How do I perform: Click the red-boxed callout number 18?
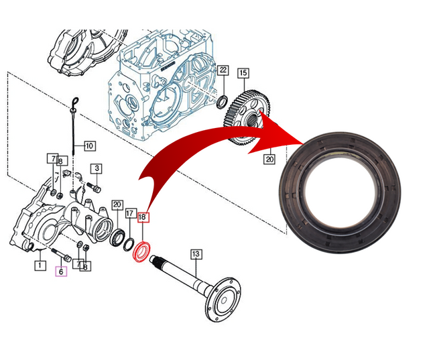point(142,217)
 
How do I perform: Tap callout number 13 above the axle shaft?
point(196,254)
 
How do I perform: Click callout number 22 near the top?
point(223,70)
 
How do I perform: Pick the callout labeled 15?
point(243,73)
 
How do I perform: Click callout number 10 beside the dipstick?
point(89,145)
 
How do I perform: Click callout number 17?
point(130,214)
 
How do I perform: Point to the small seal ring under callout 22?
point(221,101)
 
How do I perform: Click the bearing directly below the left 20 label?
point(118,236)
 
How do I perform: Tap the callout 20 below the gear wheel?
point(269,159)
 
